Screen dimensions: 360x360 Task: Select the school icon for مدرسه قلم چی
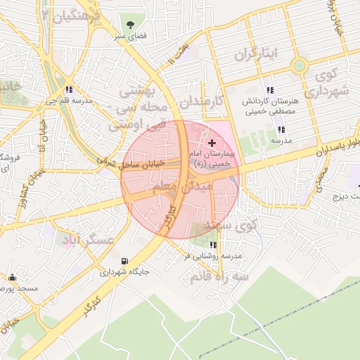69,89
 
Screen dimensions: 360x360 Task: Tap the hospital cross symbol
212,142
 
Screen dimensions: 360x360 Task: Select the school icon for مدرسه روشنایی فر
214,244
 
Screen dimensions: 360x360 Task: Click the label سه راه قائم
219,276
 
